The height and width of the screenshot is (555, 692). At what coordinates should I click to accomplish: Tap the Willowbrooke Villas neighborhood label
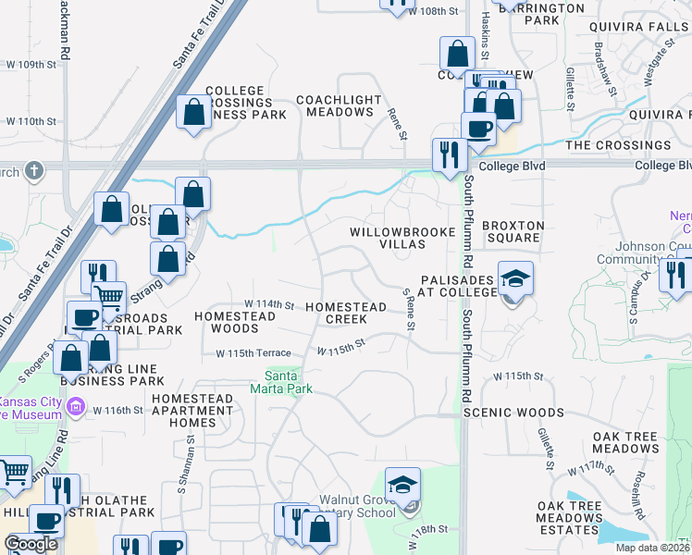click(x=388, y=238)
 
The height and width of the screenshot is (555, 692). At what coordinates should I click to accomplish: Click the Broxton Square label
click(x=513, y=231)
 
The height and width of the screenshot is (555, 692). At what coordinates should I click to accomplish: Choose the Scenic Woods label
click(x=513, y=413)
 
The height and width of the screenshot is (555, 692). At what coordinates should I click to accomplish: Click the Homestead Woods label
click(x=235, y=322)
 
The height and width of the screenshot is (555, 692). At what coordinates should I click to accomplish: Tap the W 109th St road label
click(x=31, y=65)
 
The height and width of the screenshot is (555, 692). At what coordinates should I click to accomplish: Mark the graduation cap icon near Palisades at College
click(x=515, y=277)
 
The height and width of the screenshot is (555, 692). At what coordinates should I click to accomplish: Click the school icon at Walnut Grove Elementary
click(x=402, y=485)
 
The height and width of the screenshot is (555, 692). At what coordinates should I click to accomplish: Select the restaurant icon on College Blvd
click(x=449, y=154)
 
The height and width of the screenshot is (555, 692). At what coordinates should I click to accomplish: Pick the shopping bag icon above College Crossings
click(x=194, y=113)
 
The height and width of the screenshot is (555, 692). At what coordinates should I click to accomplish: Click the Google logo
click(x=31, y=543)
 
